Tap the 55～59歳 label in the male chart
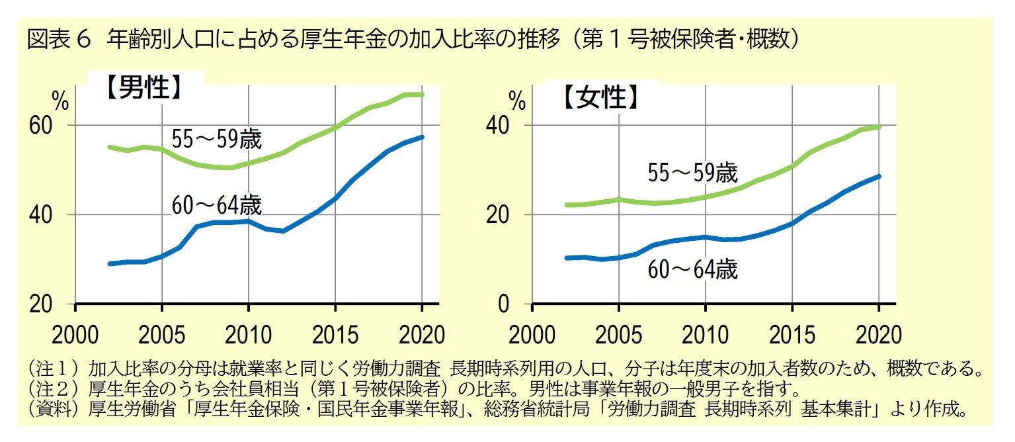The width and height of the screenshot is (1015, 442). point(217,140)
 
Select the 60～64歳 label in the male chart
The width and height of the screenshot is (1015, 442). point(217,205)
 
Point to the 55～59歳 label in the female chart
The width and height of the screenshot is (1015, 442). point(692,173)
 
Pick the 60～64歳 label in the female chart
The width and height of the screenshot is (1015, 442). point(692,269)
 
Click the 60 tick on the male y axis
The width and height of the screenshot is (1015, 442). point(40,125)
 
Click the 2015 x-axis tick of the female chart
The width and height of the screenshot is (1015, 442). point(792,334)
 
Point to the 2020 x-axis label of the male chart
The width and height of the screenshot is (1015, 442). point(422,334)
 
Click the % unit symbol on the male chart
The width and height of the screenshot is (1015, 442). point(60,103)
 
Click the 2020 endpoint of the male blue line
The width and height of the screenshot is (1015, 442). point(422,137)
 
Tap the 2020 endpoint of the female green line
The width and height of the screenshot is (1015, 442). point(878,126)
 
